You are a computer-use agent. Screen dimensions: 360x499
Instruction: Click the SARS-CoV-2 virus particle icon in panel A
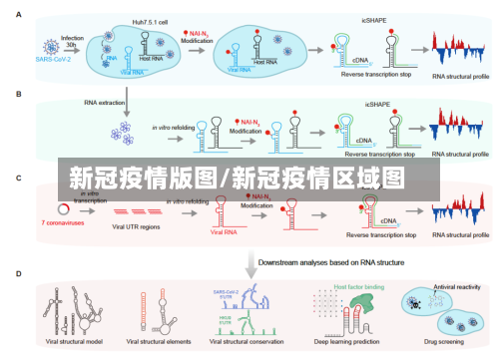point(44,44)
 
